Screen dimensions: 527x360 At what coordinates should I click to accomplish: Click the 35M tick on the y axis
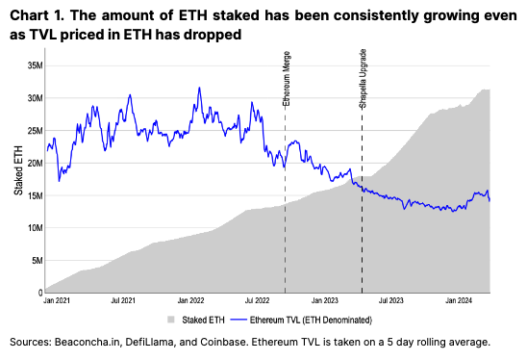[x=36, y=65]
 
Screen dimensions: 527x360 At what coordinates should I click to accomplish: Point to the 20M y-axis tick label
[x=36, y=164]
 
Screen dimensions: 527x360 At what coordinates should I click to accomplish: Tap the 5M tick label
[x=38, y=261]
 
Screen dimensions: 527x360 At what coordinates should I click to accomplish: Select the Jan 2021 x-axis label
[x=57, y=300]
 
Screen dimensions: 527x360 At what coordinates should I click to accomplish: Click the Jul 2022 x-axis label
[x=257, y=300]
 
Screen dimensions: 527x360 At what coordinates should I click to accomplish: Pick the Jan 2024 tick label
[x=459, y=300]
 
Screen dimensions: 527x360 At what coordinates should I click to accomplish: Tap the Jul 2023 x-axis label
[x=390, y=300]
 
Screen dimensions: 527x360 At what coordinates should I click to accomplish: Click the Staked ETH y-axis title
[x=18, y=170]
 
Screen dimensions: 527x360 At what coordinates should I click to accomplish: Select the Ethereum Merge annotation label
[x=287, y=78]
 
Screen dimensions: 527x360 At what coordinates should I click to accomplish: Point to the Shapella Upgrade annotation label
[x=363, y=79]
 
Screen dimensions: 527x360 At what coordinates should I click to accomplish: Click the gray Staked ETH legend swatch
[x=171, y=320]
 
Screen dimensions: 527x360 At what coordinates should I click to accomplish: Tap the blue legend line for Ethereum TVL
[x=238, y=320]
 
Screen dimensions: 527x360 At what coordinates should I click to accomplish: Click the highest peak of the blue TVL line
[x=199, y=88]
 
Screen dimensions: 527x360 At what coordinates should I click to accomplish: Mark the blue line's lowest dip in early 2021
[x=60, y=181]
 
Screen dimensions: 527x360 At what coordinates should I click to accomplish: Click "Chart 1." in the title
[x=37, y=15]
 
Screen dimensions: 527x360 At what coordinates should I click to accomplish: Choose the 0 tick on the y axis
[x=40, y=293]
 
